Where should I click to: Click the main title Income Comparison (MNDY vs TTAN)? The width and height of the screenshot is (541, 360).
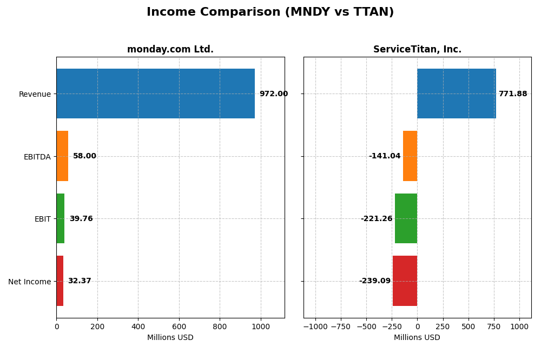[270, 12]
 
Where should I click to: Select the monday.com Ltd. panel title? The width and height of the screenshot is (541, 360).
[170, 49]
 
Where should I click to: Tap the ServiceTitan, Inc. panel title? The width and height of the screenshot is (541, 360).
[417, 49]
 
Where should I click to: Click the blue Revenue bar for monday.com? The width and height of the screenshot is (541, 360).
[155, 94]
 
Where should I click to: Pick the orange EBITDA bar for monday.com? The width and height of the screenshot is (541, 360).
[62, 156]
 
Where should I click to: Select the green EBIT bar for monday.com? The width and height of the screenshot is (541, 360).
[61, 218]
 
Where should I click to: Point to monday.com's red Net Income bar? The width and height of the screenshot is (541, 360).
[60, 281]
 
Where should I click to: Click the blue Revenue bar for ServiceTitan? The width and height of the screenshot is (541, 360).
[457, 94]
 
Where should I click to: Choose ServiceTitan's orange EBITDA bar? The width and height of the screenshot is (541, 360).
[410, 156]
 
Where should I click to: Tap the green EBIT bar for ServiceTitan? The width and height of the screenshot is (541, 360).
[406, 218]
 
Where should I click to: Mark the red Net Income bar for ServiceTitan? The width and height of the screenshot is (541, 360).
[405, 281]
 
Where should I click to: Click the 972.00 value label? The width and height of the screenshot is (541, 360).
[273, 94]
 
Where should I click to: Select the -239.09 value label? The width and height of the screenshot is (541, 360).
[374, 281]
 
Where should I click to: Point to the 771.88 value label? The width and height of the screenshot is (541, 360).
[512, 94]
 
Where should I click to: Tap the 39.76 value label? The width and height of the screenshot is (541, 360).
[81, 219]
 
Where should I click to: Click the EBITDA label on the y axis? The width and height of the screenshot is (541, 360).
[37, 157]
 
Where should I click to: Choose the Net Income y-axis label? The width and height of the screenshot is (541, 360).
[29, 282]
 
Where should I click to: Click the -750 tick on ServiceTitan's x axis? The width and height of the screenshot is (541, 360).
[341, 326]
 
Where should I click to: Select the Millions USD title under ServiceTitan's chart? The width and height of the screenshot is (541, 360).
[417, 337]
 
